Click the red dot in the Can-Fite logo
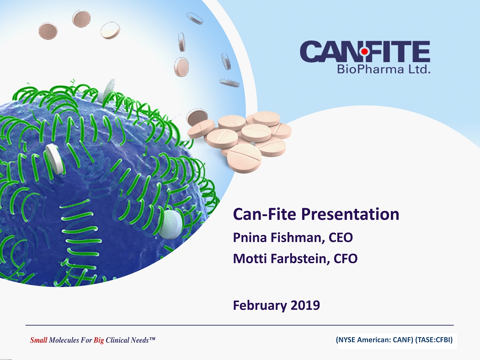click(x=364, y=52)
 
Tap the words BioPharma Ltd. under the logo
click(x=384, y=69)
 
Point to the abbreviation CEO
click(x=341, y=238)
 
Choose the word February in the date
click(x=260, y=306)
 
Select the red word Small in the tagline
click(x=38, y=340)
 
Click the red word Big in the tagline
click(x=99, y=340)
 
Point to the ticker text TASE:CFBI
click(x=434, y=339)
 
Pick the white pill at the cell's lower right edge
click(x=171, y=224)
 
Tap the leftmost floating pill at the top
click(x=48, y=31)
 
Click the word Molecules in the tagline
click(x=64, y=340)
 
